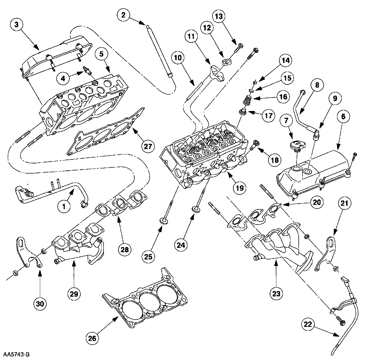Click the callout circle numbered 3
17,25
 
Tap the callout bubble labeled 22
308,324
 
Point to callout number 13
219,16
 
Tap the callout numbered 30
40,304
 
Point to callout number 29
74,294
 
